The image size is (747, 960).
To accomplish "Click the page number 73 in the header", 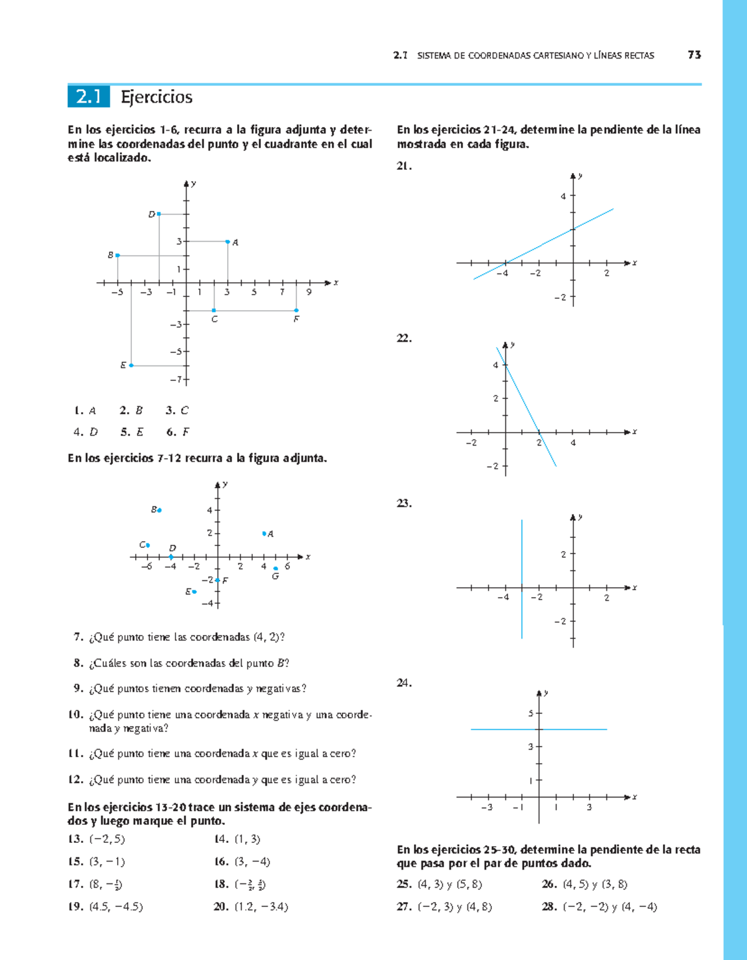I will point(694,55).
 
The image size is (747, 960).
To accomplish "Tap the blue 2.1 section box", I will point(88,97).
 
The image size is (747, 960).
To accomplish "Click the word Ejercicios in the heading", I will point(157,97).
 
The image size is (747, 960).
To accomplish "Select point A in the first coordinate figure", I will point(228,242).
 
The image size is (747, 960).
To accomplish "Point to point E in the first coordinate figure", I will point(131,365).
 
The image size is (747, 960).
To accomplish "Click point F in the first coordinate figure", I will point(296,310).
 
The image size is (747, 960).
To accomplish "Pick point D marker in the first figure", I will point(159,214).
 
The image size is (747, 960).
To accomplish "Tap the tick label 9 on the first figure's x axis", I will point(309,292).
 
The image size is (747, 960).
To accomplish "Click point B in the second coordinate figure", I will point(159,510).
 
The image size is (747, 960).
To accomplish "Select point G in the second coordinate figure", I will point(276,568).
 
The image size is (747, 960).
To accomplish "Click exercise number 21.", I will point(404,166).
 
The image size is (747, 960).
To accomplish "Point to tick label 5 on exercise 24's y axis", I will point(531,713).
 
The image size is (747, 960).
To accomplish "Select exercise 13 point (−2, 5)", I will point(107,839).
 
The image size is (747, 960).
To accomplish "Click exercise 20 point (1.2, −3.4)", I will point(261,907).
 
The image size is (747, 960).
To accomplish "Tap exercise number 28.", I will point(549,907).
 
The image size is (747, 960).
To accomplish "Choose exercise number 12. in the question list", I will point(75,779).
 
